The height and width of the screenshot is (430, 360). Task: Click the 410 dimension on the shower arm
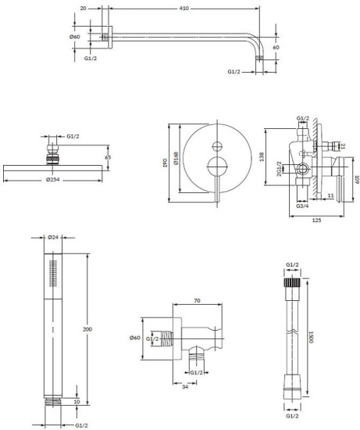(184, 9)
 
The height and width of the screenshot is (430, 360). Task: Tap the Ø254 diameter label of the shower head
(53, 180)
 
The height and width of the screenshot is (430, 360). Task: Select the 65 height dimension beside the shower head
(108, 157)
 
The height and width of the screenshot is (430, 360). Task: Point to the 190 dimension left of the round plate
(165, 163)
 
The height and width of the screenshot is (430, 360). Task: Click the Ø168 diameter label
(176, 158)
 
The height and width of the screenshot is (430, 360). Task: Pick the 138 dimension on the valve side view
(262, 156)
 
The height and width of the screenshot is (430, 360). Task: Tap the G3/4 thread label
(302, 206)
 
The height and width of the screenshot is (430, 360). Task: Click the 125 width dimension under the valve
(317, 220)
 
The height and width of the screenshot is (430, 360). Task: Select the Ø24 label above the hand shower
(53, 238)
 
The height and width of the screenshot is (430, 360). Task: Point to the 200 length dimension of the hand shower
(87, 329)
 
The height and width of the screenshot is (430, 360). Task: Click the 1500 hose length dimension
(311, 337)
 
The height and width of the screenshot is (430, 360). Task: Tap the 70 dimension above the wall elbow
(197, 300)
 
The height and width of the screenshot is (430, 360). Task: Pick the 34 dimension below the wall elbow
(185, 387)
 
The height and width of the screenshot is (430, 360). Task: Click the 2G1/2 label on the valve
(280, 169)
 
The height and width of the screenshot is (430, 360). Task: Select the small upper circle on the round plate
(217, 146)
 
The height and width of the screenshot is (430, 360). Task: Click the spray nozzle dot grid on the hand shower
(53, 274)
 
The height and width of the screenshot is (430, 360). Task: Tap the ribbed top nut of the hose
(292, 282)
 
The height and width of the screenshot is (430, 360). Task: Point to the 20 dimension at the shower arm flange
(84, 9)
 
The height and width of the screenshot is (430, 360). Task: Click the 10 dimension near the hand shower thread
(77, 402)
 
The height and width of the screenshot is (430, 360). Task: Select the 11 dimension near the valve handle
(330, 195)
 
